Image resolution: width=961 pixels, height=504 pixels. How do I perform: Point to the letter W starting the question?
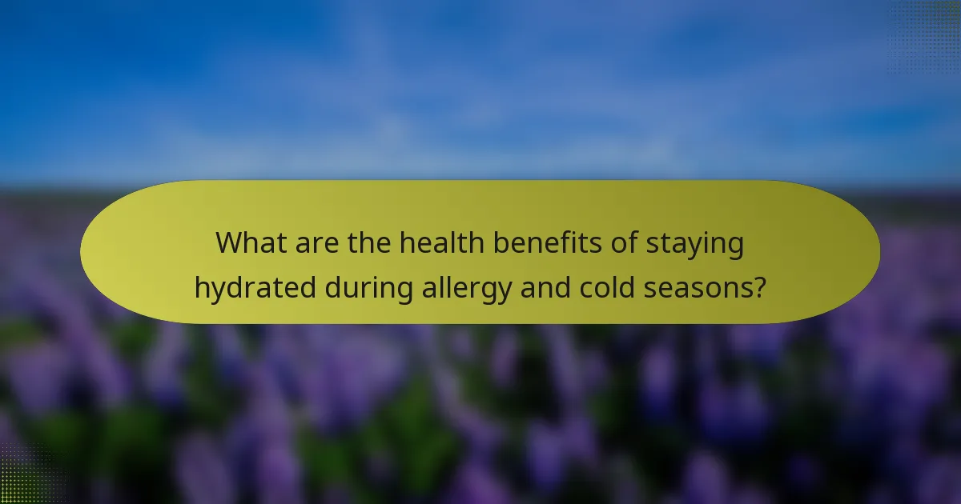230,243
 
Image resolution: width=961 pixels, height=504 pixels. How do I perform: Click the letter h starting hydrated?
202,287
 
